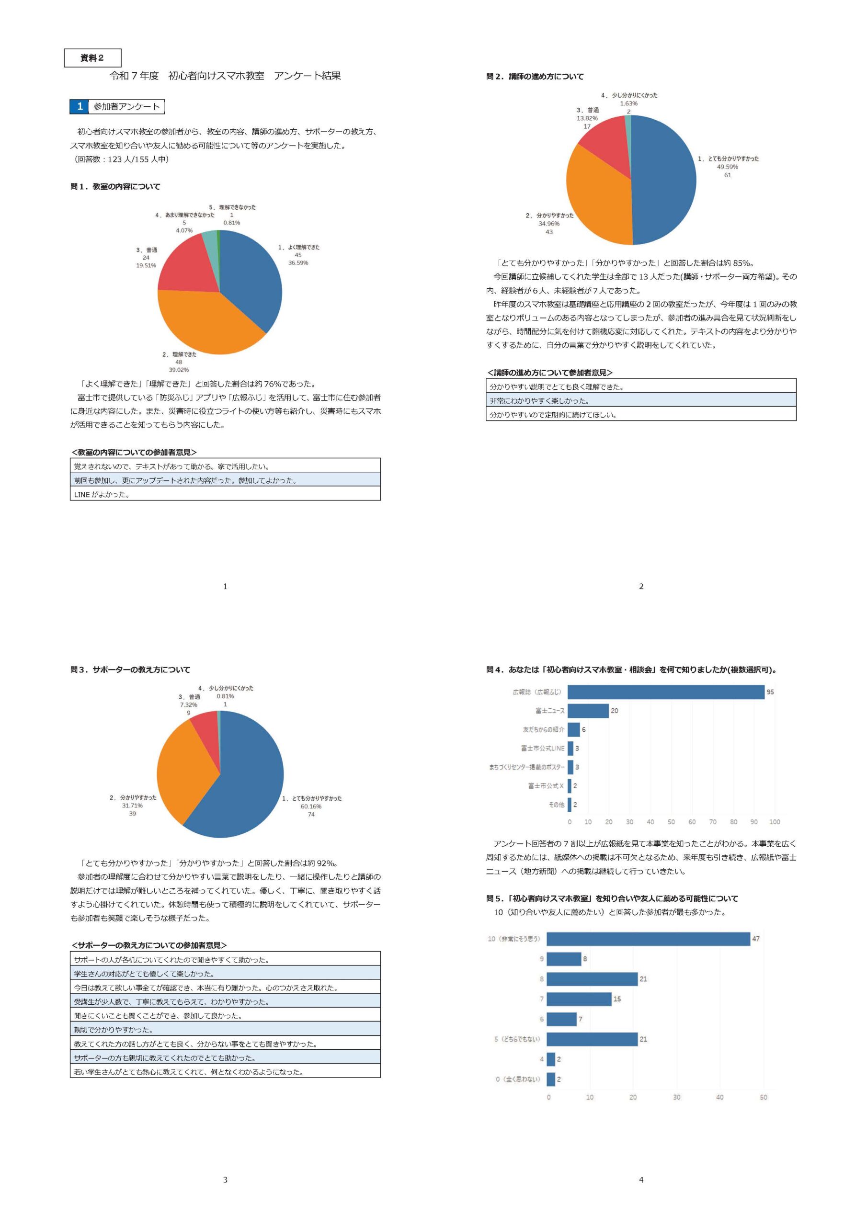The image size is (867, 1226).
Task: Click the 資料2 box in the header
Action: tap(92, 57)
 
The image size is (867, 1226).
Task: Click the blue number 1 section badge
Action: tap(79, 106)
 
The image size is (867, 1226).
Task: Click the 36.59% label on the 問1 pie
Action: tap(298, 263)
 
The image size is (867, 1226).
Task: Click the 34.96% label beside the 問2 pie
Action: tap(548, 224)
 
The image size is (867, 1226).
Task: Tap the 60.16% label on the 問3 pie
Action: tap(311, 806)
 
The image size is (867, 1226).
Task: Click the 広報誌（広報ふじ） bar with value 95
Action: tap(666, 692)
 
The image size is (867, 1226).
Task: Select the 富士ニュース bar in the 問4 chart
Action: tap(588, 711)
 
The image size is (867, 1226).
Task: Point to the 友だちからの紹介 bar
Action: tap(574, 729)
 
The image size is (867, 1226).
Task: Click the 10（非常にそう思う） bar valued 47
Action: tap(648, 939)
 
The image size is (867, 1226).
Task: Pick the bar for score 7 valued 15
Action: tap(579, 999)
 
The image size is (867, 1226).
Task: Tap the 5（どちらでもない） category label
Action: tap(516, 1039)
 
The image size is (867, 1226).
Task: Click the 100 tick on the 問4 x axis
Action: tap(775, 822)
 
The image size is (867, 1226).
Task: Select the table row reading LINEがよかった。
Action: tap(225, 494)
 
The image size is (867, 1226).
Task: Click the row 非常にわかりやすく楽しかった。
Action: tap(641, 400)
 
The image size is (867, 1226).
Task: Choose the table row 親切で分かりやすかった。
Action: tap(225, 1030)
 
